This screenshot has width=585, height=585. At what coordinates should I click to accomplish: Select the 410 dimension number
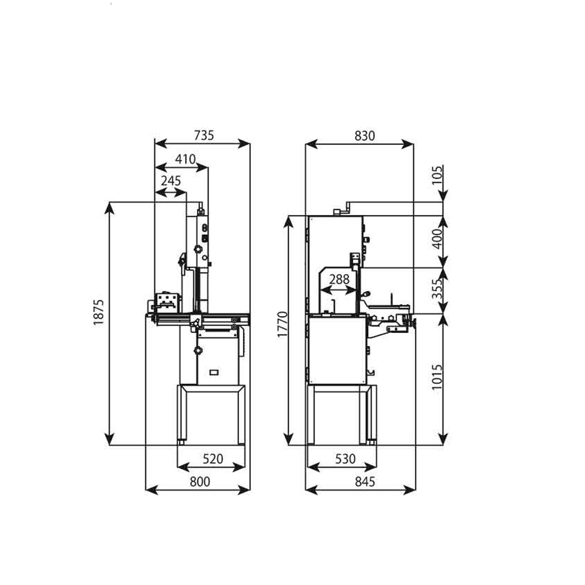[x=185, y=159]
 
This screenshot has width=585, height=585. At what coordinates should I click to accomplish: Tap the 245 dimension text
[x=171, y=181]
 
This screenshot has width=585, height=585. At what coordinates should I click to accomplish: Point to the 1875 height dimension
[x=99, y=312]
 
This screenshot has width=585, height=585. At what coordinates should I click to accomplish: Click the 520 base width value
[x=213, y=459]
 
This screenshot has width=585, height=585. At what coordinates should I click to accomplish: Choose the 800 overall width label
[x=200, y=482]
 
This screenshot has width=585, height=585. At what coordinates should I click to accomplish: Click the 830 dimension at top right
[x=365, y=135]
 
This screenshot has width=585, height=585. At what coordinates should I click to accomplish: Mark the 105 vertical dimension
[x=438, y=175]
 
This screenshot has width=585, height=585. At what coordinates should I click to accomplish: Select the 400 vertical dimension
[x=438, y=239]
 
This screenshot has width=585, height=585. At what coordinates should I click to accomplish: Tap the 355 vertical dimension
[x=438, y=289]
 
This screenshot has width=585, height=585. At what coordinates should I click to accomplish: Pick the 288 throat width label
[x=339, y=280]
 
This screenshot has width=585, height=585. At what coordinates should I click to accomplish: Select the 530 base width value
[x=345, y=459]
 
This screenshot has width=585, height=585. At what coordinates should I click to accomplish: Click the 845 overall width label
[x=365, y=482]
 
